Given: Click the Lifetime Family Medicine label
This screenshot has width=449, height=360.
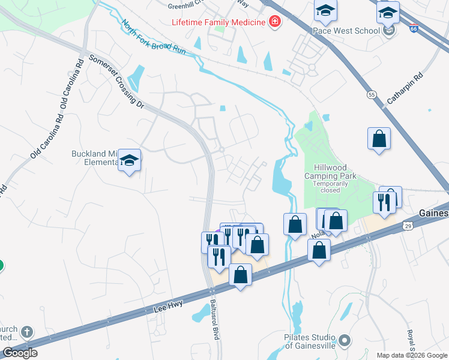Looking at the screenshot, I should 218,22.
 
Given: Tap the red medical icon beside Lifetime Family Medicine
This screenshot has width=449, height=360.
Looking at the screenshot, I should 274,22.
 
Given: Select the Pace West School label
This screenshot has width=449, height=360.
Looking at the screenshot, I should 346,30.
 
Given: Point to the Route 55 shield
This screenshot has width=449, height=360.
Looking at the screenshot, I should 372,95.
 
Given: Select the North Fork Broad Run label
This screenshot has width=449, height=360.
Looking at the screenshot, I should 153,38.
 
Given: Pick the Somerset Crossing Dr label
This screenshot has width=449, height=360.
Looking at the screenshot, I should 116,82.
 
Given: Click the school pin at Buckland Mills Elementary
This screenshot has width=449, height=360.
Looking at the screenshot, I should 129,160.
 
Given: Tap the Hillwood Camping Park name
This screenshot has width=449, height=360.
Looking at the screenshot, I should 330,172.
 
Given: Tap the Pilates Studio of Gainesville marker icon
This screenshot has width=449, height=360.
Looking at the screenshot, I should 344,341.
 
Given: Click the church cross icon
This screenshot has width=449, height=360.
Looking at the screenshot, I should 26,332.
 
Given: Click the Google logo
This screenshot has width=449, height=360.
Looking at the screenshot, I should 20,353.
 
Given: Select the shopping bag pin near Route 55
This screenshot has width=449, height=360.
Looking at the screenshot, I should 379,139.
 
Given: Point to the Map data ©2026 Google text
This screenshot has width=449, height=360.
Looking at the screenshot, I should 412,355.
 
